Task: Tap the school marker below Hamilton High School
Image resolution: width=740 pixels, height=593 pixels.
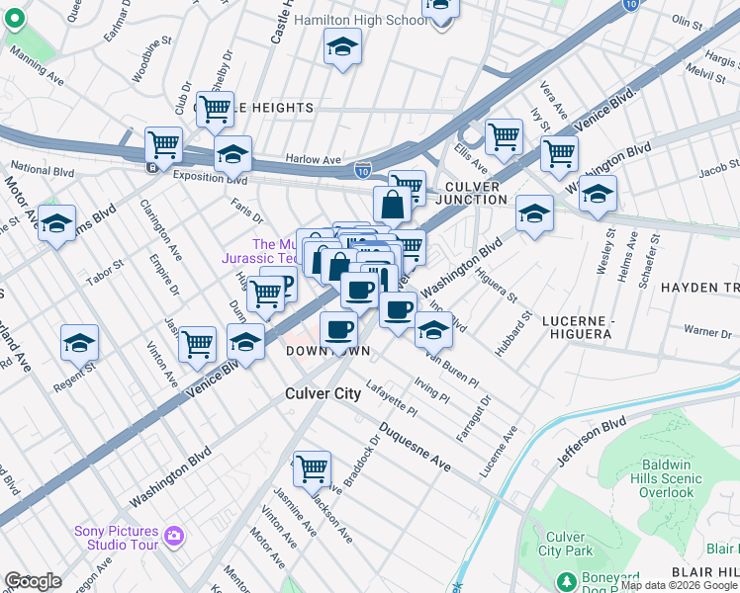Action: point(342,47)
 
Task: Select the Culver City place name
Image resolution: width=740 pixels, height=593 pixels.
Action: point(323,393)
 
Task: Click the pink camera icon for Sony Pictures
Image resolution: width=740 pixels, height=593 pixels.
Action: point(175,537)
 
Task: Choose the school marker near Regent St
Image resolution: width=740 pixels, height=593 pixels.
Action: point(79,343)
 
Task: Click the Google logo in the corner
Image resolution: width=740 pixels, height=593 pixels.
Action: point(33,581)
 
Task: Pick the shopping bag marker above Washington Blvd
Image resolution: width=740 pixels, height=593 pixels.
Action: point(392,205)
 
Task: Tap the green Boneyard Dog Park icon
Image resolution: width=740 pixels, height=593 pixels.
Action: point(566,580)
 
